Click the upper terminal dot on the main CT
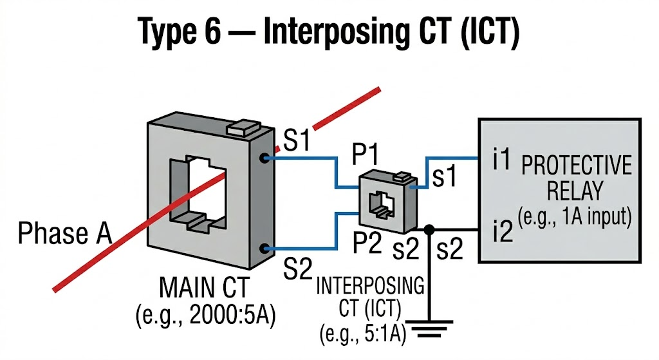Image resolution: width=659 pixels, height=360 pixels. point(263,157)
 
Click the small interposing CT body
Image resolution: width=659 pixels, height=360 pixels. point(384,202)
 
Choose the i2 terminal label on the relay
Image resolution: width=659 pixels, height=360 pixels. point(502,230)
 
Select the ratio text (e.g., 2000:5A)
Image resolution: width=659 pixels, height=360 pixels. point(205,316)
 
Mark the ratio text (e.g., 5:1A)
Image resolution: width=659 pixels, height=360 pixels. point(363,334)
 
